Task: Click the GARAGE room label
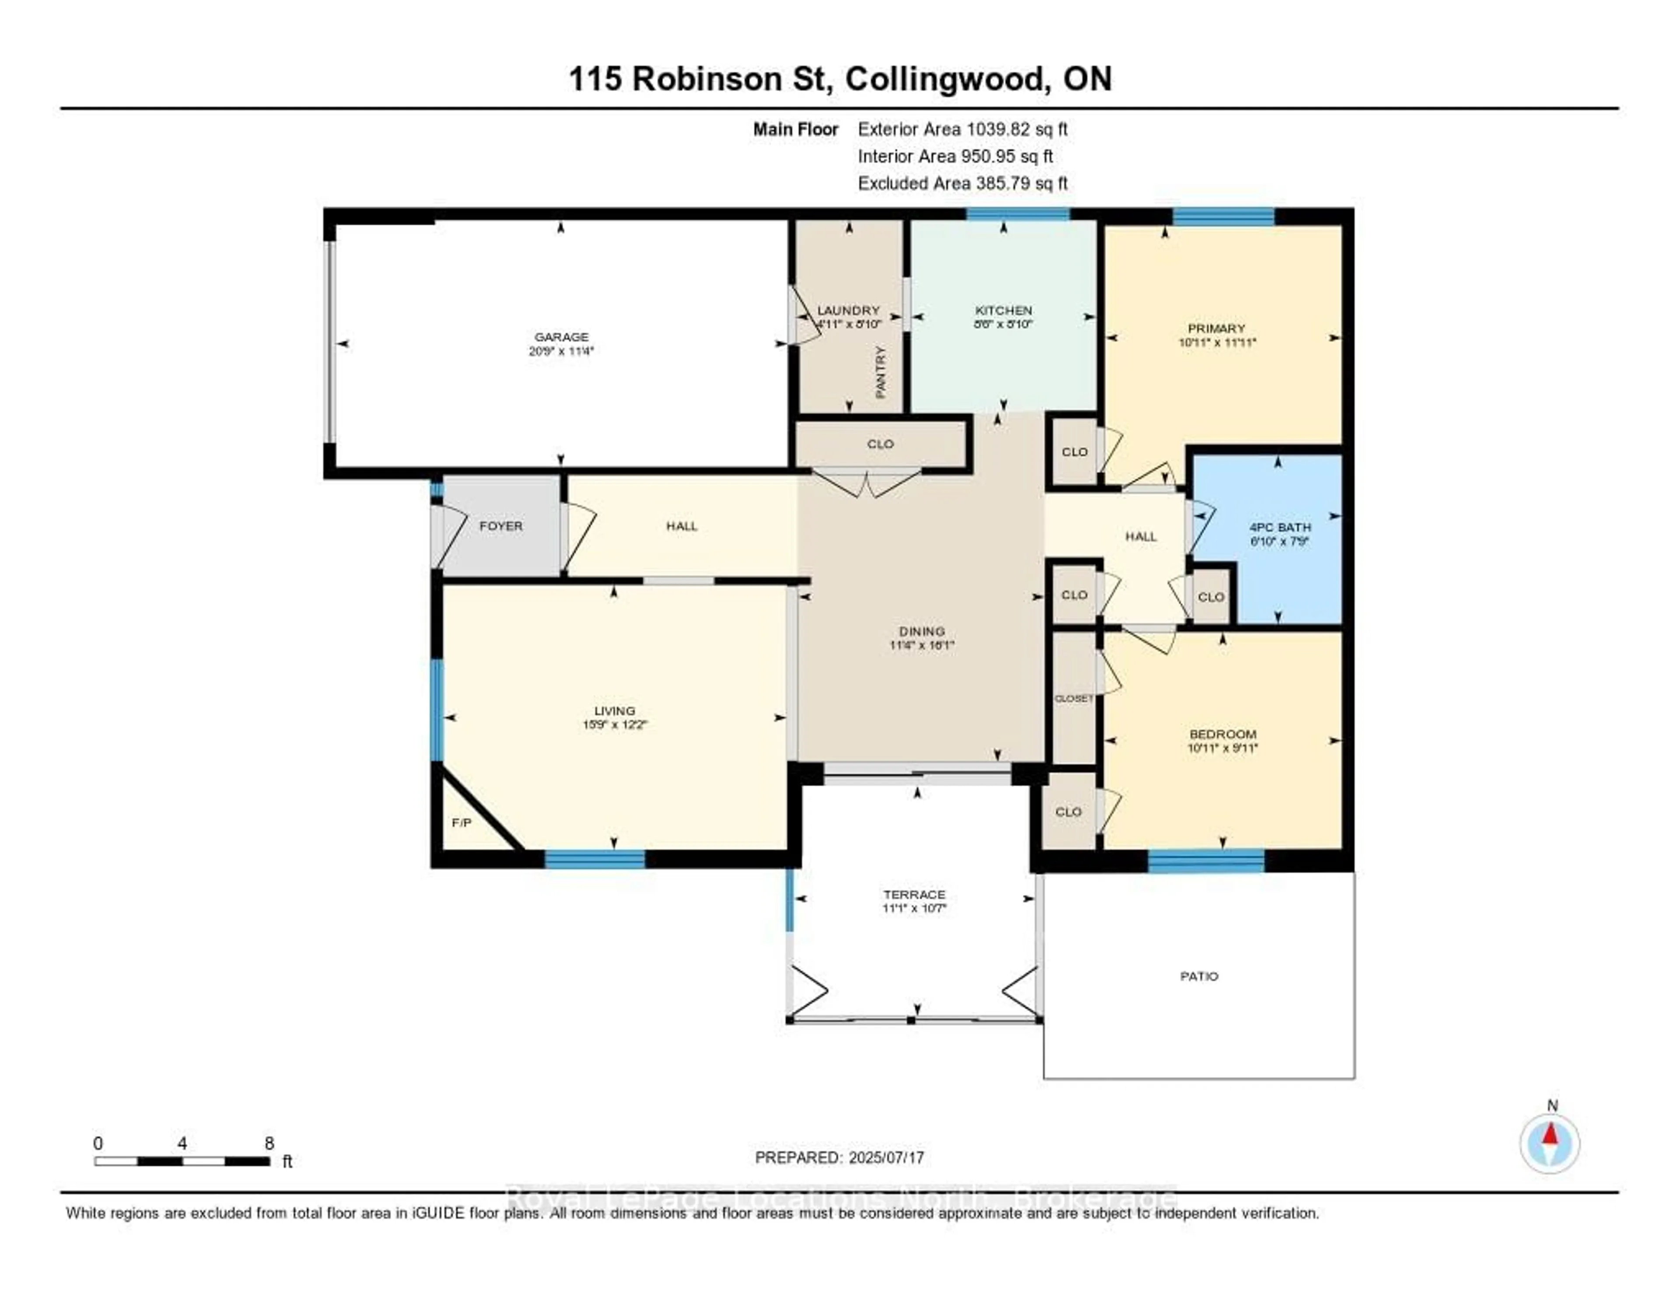(x=561, y=337)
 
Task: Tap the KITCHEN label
(x=1003, y=310)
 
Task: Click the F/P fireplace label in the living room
(x=461, y=823)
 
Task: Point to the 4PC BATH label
(x=1280, y=527)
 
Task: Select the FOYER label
(x=501, y=526)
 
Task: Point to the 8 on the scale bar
(x=269, y=1143)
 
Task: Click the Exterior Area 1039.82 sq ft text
(x=962, y=129)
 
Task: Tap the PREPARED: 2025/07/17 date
(x=839, y=1157)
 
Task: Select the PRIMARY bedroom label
(x=1216, y=328)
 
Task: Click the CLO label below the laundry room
(x=880, y=443)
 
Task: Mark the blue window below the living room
(x=595, y=860)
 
